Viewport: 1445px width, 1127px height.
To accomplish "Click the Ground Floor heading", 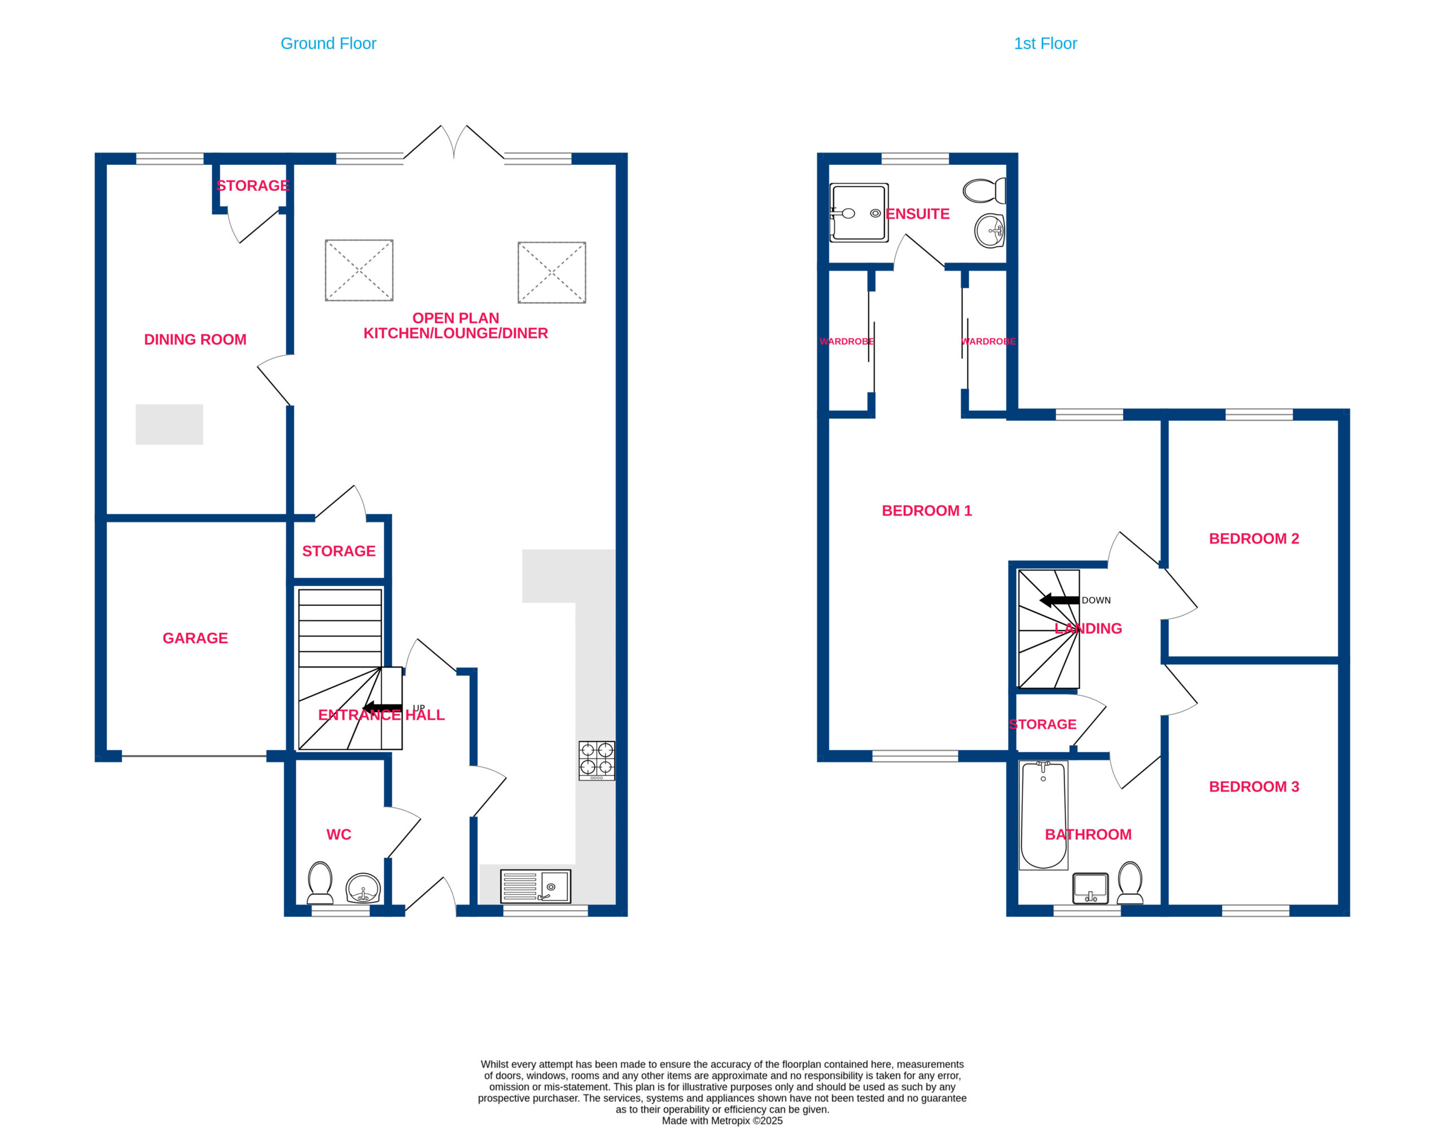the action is (x=328, y=43).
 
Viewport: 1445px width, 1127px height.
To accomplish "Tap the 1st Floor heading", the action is (x=1045, y=43).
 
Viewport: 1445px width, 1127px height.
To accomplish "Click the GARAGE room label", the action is (x=195, y=638).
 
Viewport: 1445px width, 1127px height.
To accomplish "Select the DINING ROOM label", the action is (x=195, y=339).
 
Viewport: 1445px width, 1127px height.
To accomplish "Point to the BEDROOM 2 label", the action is (x=1254, y=539).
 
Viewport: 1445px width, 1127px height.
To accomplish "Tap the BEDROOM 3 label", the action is (x=1254, y=787).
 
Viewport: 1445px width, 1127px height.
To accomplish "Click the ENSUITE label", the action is (x=917, y=214).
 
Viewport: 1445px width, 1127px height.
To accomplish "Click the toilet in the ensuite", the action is (x=984, y=191).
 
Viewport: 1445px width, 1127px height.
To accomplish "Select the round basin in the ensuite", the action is (x=990, y=231).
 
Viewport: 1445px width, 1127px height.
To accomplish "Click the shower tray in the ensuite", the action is (x=859, y=213).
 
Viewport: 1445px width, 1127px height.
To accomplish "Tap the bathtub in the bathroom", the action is (x=1043, y=815).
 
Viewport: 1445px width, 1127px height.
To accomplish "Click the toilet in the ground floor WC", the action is (x=320, y=883).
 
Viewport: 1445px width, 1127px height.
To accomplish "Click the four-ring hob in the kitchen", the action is (x=597, y=761).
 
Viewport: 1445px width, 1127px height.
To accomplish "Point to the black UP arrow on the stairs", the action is (x=383, y=707).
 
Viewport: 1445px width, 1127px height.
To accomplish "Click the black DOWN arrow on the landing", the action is (x=1059, y=600).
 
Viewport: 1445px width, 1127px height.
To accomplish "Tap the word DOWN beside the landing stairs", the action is (x=1096, y=600).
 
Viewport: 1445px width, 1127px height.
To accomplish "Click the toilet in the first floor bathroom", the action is (x=1130, y=883).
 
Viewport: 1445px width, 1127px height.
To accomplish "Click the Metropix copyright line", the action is (x=722, y=1121).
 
